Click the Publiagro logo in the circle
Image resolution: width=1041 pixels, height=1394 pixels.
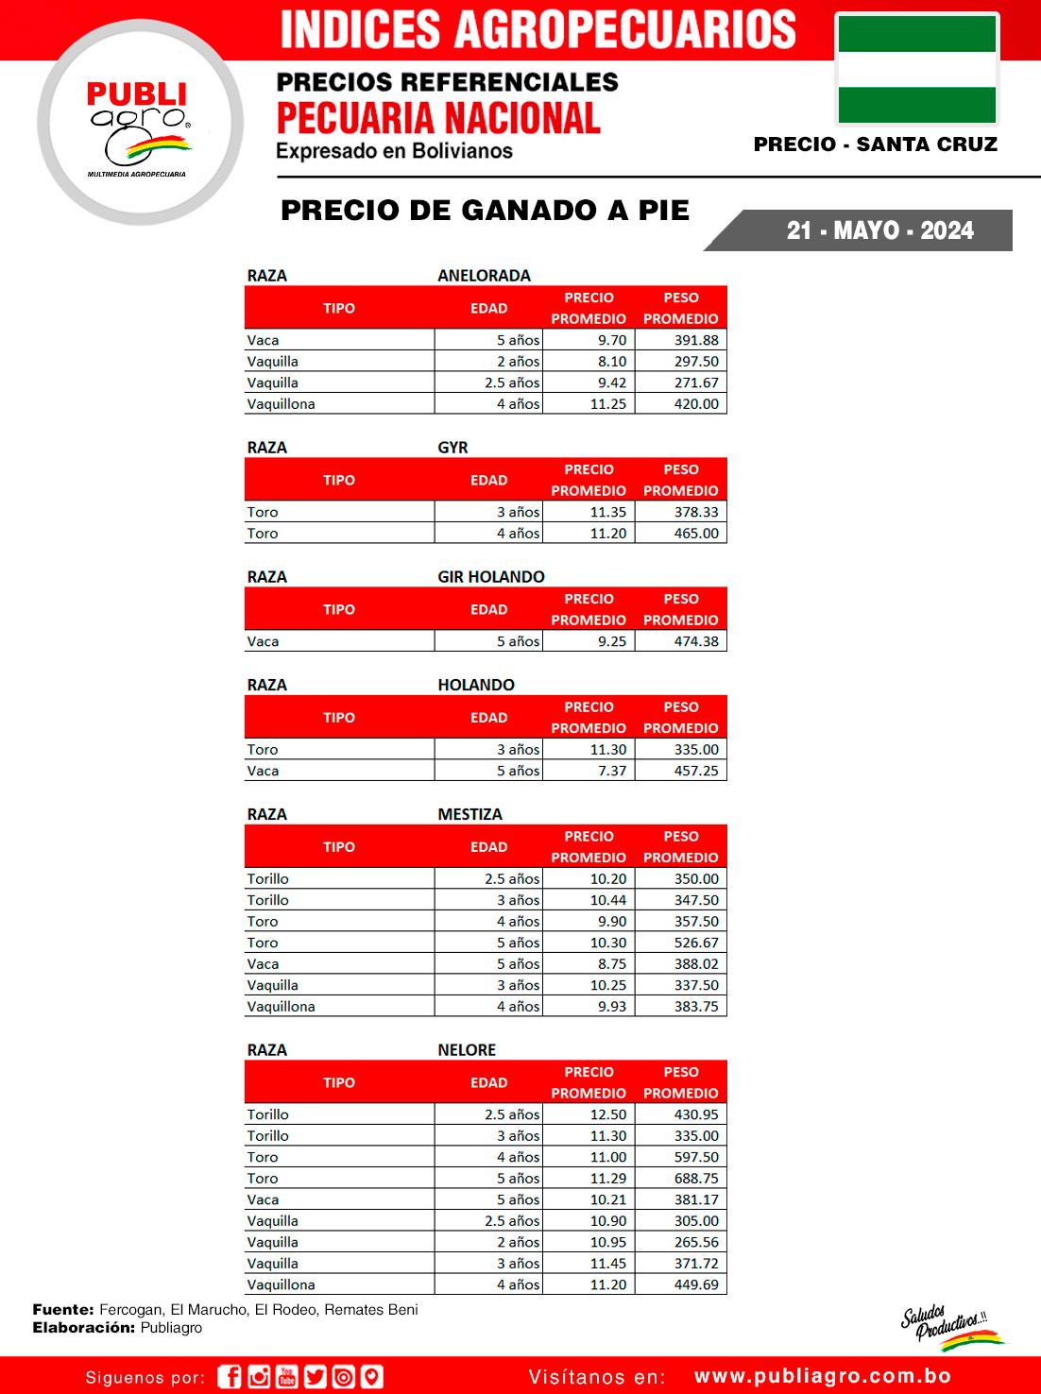pyautogui.click(x=140, y=124)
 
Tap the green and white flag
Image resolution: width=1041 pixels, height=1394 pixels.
pyautogui.click(x=916, y=70)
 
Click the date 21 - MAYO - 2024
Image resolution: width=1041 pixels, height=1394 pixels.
pyautogui.click(x=879, y=230)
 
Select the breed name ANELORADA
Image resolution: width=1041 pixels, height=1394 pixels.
pyautogui.click(x=484, y=276)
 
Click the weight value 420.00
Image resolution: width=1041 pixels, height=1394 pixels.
pyautogui.click(x=696, y=404)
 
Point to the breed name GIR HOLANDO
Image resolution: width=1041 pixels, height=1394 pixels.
pyautogui.click(x=491, y=577)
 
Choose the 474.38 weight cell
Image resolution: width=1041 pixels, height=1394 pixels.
pyautogui.click(x=696, y=641)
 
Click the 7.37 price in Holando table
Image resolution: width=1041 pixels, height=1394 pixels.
pyautogui.click(x=611, y=771)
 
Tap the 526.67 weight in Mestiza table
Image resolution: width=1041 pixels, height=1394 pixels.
pyautogui.click(x=696, y=943)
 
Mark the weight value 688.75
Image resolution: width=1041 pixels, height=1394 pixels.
pyautogui.click(x=696, y=1179)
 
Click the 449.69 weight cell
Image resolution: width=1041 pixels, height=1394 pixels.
pyautogui.click(x=696, y=1284)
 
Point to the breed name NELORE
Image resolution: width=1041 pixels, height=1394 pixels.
pyautogui.click(x=467, y=1050)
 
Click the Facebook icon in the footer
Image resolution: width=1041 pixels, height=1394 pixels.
pyautogui.click(x=230, y=1377)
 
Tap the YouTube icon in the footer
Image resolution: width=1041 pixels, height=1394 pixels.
pyautogui.click(x=286, y=1377)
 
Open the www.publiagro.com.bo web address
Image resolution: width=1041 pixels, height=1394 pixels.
pyautogui.click(x=823, y=1377)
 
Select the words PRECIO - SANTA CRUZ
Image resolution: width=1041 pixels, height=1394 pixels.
pyautogui.click(x=875, y=144)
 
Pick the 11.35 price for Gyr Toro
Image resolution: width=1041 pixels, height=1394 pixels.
pyautogui.click(x=607, y=512)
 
